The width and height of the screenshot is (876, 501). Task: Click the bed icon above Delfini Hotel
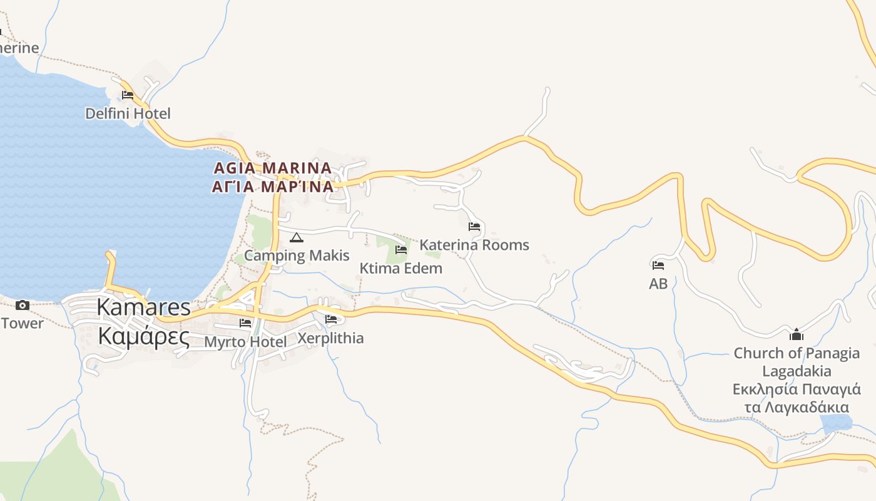(128, 95)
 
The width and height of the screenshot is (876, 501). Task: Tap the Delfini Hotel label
(128, 113)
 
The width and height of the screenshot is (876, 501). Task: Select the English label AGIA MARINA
(272, 168)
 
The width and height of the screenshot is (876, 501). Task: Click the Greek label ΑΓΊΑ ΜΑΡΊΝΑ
(272, 187)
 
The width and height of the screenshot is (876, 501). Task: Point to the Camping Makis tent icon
(297, 237)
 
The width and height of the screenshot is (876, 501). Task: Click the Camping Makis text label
(297, 256)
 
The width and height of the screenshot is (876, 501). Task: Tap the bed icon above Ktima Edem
(401, 250)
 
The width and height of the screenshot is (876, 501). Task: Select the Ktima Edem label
(400, 268)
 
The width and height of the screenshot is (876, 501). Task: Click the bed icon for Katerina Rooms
(474, 227)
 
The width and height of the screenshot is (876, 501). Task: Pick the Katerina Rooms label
(474, 245)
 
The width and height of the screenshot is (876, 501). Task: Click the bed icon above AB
(658, 266)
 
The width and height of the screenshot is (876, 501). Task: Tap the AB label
(658, 284)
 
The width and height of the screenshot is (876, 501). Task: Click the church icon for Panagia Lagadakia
(797, 334)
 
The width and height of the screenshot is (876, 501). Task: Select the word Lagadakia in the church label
(797, 371)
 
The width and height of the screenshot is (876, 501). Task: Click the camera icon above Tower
(23, 306)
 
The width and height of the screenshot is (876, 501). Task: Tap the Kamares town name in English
(144, 307)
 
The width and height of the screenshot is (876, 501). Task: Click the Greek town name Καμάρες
(144, 336)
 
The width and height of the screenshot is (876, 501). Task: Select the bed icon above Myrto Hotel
(245, 323)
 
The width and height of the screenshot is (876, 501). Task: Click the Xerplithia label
(330, 338)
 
